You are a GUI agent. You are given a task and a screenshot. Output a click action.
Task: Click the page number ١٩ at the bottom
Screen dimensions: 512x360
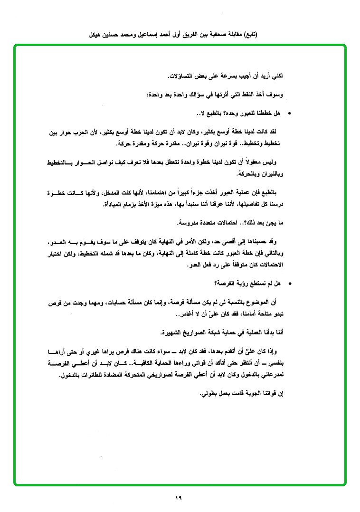click(179, 498)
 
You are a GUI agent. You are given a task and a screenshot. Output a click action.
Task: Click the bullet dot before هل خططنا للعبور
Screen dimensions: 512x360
click(290, 114)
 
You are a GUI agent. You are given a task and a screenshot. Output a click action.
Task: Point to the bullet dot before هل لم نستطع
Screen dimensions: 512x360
click(290, 284)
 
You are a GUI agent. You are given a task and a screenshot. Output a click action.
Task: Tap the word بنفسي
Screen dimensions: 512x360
click(275, 363)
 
